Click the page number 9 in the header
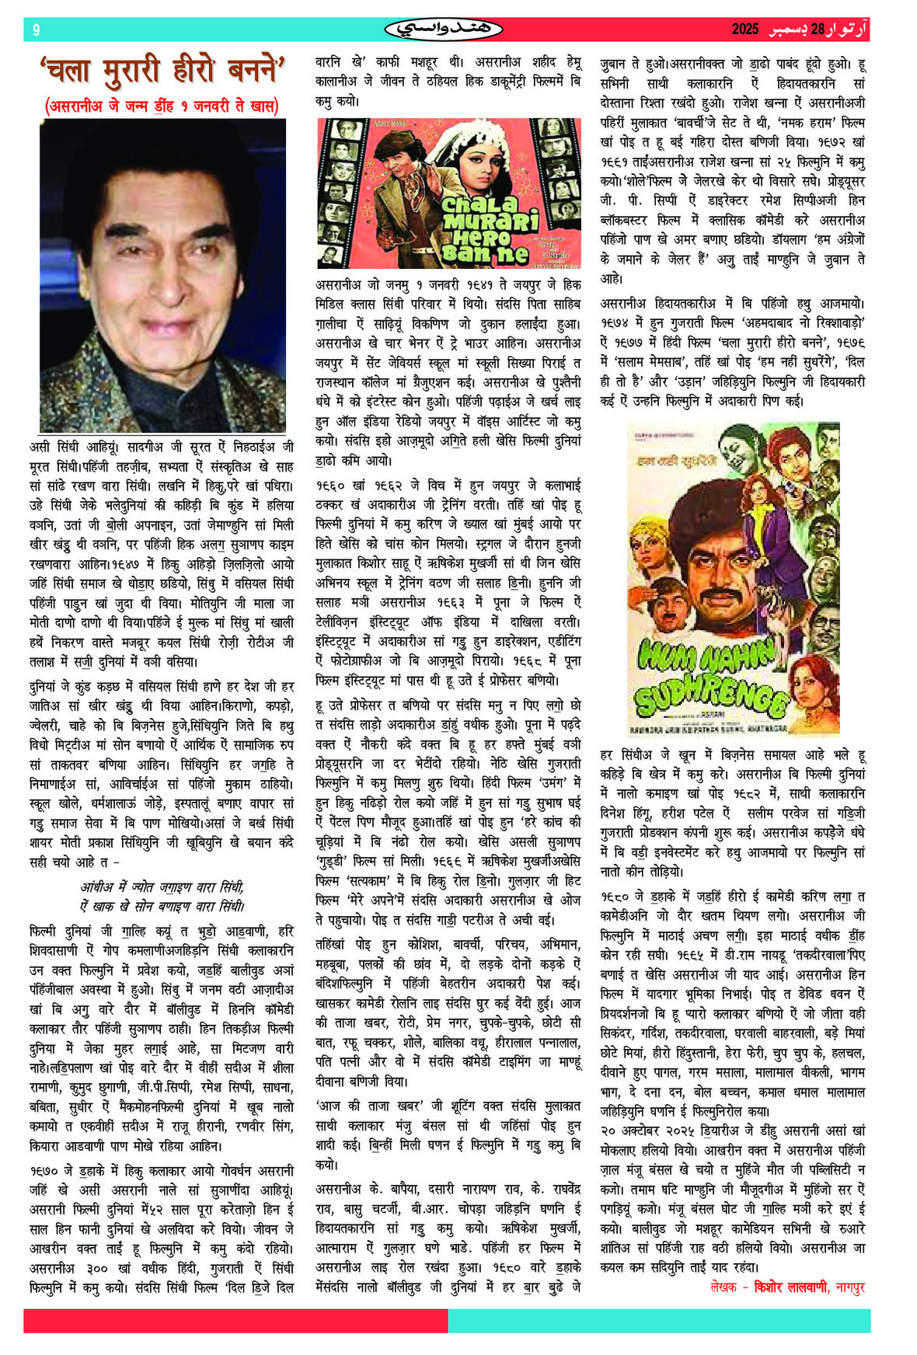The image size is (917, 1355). tap(36, 30)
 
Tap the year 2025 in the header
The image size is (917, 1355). tap(745, 30)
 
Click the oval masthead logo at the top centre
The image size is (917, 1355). tap(444, 30)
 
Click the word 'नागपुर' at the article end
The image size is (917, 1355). tap(850, 1287)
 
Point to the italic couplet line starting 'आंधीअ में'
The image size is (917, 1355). tap(162, 886)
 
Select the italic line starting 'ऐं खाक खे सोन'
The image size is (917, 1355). tap(162, 906)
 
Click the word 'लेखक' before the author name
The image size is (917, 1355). tap(723, 1287)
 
